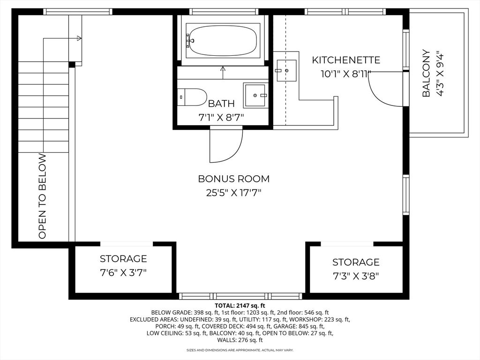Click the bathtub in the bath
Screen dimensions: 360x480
click(222, 40)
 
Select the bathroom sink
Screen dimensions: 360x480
click(256, 95)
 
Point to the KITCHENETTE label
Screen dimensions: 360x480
click(346, 60)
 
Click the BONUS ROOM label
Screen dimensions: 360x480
click(233, 179)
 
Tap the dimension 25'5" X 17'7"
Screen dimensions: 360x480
click(233, 192)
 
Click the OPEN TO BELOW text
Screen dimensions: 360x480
click(43, 196)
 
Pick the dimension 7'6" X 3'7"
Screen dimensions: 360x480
click(123, 273)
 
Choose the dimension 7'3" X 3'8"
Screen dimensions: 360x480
click(355, 276)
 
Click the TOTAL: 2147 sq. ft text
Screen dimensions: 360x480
click(240, 305)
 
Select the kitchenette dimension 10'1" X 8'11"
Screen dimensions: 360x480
click(346, 74)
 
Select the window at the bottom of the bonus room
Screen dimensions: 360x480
click(240, 296)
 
